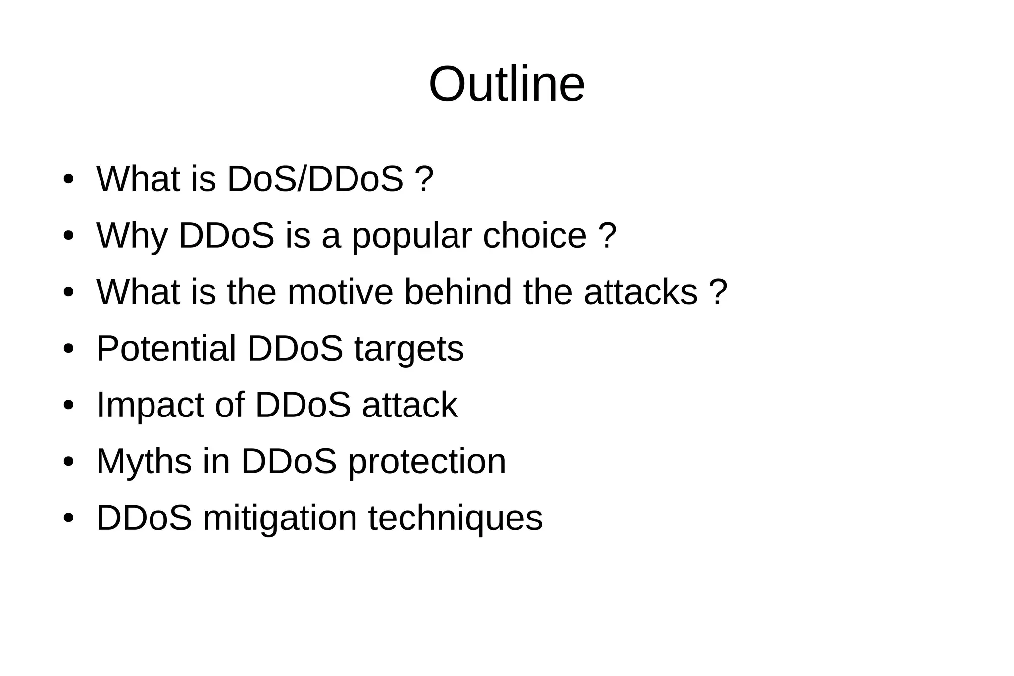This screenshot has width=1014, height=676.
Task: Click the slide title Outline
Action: click(507, 84)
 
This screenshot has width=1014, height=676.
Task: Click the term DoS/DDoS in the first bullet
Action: click(315, 179)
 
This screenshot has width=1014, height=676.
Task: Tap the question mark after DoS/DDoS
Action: click(425, 179)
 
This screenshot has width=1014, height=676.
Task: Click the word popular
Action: click(411, 237)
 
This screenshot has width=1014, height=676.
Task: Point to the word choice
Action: click(534, 236)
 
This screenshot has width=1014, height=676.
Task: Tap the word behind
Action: click(458, 292)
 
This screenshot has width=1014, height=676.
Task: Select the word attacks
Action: click(640, 292)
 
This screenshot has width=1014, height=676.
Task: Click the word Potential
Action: click(166, 349)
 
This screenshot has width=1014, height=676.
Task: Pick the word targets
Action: click(409, 350)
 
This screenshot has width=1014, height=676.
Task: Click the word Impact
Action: click(150, 406)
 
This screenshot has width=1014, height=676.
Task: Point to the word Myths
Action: click(144, 462)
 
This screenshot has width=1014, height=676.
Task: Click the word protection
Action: click(427, 462)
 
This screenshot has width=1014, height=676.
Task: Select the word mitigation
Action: click(280, 519)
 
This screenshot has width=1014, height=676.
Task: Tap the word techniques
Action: click(455, 519)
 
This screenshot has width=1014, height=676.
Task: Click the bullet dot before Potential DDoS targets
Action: click(68, 349)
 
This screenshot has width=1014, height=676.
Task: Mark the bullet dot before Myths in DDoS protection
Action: click(68, 462)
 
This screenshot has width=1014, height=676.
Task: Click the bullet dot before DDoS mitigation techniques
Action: click(68, 519)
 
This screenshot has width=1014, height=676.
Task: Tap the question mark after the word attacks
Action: click(719, 292)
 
